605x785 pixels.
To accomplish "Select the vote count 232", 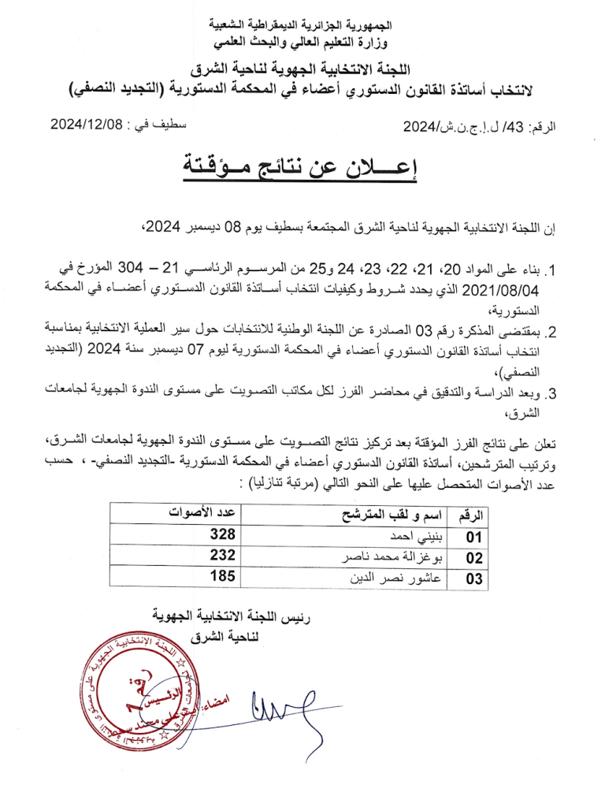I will [222, 556].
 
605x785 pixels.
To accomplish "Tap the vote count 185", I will [222, 577].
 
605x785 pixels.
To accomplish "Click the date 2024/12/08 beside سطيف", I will [86, 124].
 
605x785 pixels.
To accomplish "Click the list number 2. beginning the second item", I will [552, 332].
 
